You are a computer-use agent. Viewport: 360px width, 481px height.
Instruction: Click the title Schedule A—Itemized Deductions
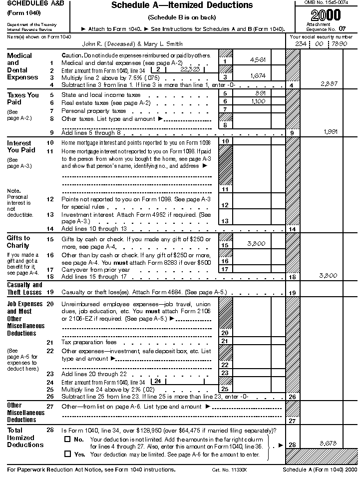[182, 5]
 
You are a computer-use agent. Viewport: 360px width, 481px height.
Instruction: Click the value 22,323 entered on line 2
[190, 70]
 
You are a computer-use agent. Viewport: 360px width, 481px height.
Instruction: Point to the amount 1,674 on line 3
[257, 76]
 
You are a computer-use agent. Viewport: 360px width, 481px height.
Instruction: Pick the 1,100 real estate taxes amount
[257, 101]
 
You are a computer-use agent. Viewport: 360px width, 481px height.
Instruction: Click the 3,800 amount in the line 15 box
[256, 244]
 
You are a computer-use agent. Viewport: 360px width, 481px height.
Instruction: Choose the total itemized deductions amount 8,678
[328, 443]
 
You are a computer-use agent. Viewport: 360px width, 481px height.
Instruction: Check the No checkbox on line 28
[67, 440]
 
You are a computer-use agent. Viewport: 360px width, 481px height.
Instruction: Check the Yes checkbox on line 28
[67, 454]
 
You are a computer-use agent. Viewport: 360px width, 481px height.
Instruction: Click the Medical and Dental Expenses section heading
[22, 66]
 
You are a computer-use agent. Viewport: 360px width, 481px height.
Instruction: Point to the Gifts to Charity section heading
[18, 242]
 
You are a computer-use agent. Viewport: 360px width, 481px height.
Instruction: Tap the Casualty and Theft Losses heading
[24, 289]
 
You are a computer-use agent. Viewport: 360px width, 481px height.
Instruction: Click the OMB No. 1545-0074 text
[329, 3]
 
